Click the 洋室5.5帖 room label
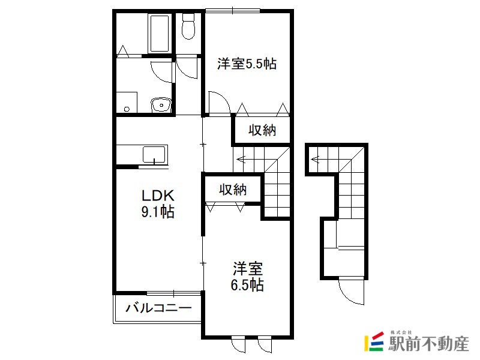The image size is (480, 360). (247, 64)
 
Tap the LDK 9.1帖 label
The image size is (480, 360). (158, 203)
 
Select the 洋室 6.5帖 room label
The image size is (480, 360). (247, 277)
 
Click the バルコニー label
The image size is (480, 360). (158, 307)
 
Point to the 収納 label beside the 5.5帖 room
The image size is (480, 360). (262, 130)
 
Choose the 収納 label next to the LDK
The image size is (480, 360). (233, 190)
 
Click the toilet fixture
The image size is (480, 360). (188, 26)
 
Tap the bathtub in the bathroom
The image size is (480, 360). (159, 33)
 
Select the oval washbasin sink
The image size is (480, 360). (160, 106)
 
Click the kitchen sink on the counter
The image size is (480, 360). (154, 155)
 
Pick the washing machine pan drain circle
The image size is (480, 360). (127, 109)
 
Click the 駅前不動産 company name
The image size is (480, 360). (428, 344)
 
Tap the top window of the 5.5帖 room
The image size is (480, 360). (232, 11)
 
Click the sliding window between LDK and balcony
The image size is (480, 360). (173, 293)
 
